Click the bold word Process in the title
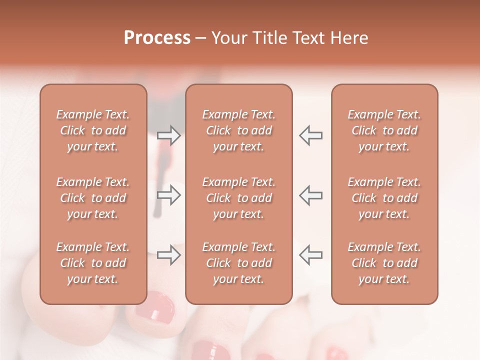click(157, 38)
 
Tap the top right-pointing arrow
click(169, 135)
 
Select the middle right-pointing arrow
click(169, 195)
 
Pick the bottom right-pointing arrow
click(169, 255)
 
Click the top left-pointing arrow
click(310, 135)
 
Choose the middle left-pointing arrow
click(310, 195)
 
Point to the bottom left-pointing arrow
click(310, 255)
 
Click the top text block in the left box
click(93, 130)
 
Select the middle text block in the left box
click(93, 198)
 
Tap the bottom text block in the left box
click(93, 263)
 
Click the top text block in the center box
click(238, 130)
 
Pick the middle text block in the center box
click(238, 198)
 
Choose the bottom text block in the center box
click(238, 263)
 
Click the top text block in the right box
click(384, 130)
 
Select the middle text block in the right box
click(384, 198)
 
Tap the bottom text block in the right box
click(384, 263)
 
